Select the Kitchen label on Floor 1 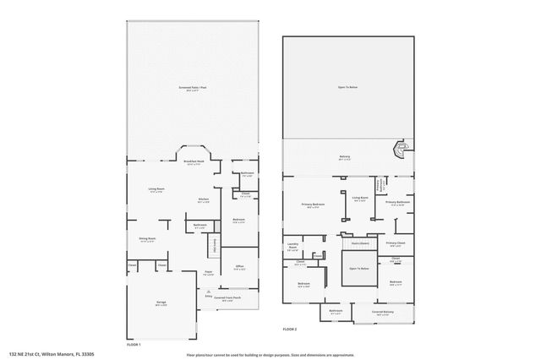click(x=203, y=201)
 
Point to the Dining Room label click(x=146, y=240)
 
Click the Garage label click(x=161, y=305)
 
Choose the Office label click(x=238, y=268)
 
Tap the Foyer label click(x=207, y=273)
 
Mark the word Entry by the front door click(x=208, y=297)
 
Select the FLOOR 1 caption click(x=134, y=345)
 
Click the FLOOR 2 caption click(x=290, y=329)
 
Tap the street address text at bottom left click(x=51, y=354)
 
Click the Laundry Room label click(x=292, y=246)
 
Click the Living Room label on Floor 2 click(x=359, y=199)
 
